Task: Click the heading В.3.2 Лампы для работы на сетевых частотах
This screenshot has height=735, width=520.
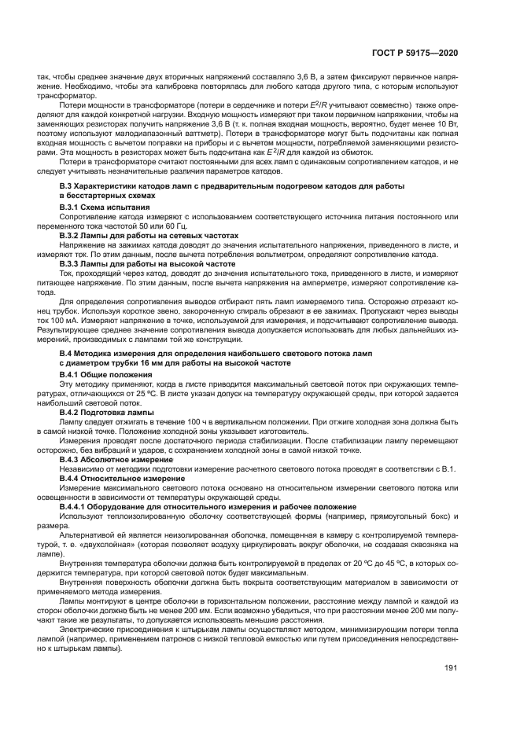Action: [149, 235]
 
